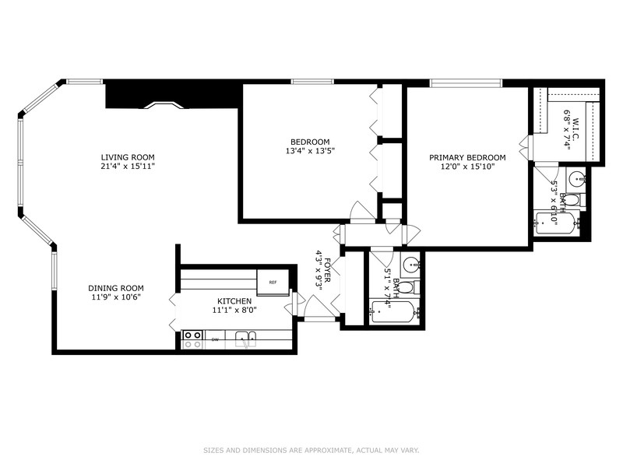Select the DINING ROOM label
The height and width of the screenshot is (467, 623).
[115, 288]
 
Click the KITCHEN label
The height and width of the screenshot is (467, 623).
[234, 300]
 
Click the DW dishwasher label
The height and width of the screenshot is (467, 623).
[215, 339]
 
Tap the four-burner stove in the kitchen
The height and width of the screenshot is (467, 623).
[192, 339]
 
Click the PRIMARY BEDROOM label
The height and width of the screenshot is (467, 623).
[467, 157]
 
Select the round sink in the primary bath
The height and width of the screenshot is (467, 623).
[575, 177]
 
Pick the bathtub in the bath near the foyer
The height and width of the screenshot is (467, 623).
[394, 313]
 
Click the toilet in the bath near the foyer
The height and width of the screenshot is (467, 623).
[406, 287]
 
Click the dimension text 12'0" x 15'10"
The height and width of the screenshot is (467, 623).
[467, 167]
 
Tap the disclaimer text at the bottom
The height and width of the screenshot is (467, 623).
[311, 450]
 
